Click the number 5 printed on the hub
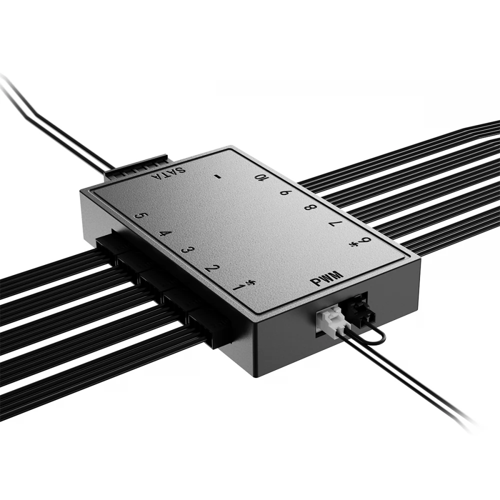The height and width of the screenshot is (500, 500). [141, 216]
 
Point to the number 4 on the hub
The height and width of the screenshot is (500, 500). [163, 234]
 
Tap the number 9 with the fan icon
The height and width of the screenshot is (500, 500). [361, 243]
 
